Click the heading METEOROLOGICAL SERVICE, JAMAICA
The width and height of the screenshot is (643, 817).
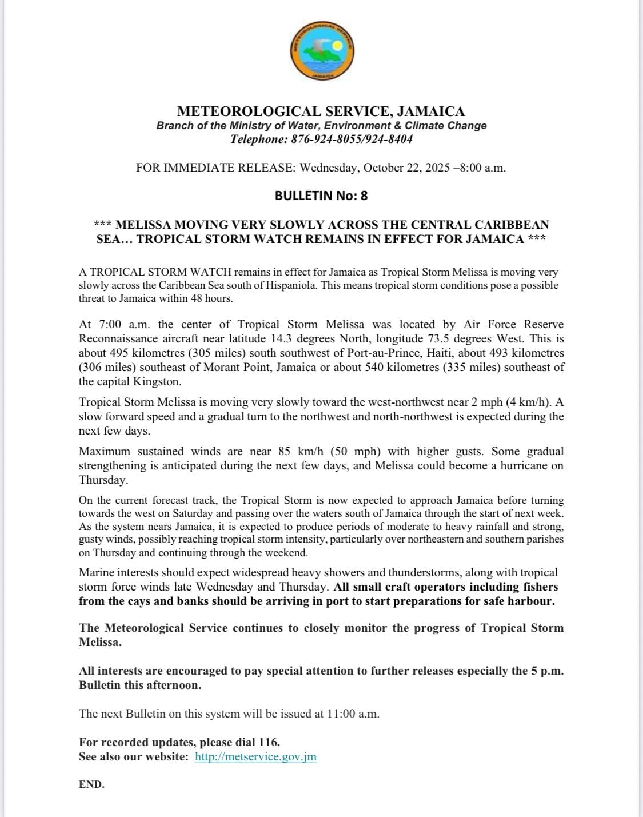click(321, 111)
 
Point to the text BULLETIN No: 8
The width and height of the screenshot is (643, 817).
click(321, 196)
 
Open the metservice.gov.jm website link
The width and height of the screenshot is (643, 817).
click(255, 756)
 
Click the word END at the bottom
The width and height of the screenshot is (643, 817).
click(91, 784)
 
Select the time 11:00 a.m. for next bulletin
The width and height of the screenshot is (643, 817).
click(353, 714)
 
